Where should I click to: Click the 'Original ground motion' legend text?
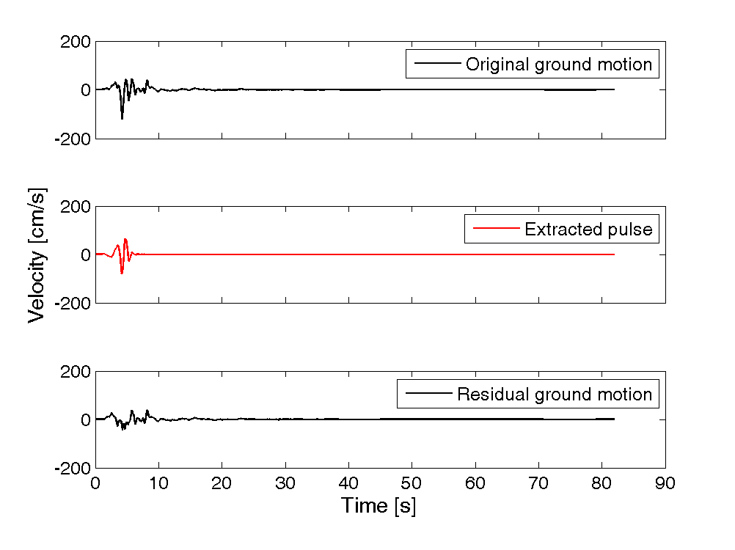pyautogui.click(x=558, y=65)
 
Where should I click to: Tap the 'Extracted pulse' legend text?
pyautogui.click(x=588, y=230)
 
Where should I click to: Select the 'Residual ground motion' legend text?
pyautogui.click(x=554, y=395)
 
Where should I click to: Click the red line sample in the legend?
pyautogui.click(x=495, y=230)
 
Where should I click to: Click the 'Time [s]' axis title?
pyautogui.click(x=378, y=505)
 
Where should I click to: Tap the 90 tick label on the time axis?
pyautogui.click(x=665, y=483)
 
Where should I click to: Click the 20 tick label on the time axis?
pyautogui.click(x=222, y=483)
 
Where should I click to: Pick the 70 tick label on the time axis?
pyautogui.click(x=538, y=483)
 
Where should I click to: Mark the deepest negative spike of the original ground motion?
pyautogui.click(x=122, y=118)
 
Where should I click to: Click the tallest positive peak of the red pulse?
pyautogui.click(x=125, y=239)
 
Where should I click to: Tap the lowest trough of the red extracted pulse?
pyautogui.click(x=122, y=273)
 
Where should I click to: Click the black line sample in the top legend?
pyautogui.click(x=436, y=65)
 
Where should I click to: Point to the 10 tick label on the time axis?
pyautogui.click(x=158, y=483)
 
